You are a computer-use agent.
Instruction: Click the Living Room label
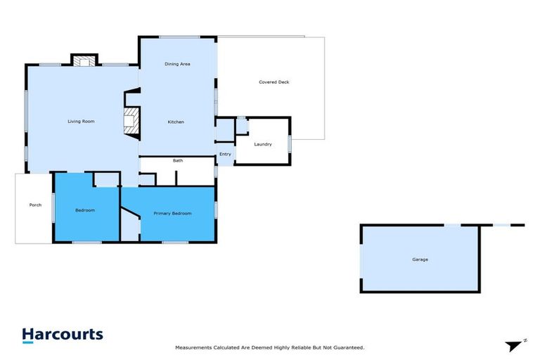pos(81,122)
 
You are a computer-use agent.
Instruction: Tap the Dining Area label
pos(177,64)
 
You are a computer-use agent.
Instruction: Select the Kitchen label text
pos(176,122)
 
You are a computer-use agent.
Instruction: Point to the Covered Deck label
pos(274,82)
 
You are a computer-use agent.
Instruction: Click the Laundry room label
pos(263,144)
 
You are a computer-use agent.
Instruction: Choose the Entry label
pos(225,154)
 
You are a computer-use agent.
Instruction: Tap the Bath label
pos(178,161)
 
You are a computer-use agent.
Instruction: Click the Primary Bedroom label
pos(173,213)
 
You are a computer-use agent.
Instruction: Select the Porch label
pos(35,205)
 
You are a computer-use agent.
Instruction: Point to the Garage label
pos(420,259)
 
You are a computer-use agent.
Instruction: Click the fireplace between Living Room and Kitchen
pos(131,120)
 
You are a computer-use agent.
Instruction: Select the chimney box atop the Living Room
pos(84,60)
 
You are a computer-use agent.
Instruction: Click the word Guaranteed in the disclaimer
pos(347,348)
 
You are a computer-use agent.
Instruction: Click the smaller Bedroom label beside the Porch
pos(85,210)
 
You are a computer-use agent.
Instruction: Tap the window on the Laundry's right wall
pos(290,143)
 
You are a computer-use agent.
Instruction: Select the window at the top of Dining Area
pos(179,37)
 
